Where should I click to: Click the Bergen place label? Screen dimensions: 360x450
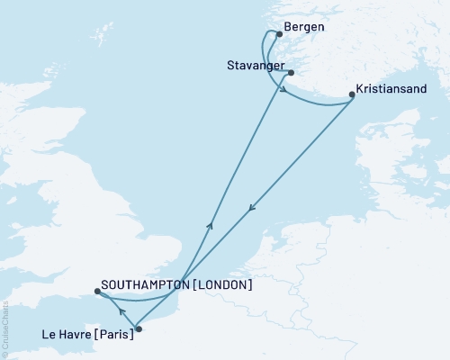pyautogui.click(x=303, y=27)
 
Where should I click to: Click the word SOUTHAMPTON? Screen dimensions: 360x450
pyautogui.click(x=145, y=284)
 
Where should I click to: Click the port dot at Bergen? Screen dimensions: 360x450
pyautogui.click(x=279, y=35)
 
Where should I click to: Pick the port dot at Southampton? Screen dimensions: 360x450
pyautogui.click(x=96, y=291)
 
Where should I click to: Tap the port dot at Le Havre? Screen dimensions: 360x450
pyautogui.click(x=138, y=328)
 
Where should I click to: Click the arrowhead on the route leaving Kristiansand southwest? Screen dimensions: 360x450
pyautogui.click(x=252, y=208)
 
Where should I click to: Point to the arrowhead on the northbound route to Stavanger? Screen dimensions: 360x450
pyautogui.click(x=211, y=226)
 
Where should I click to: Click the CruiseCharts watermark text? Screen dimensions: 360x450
pyautogui.click(x=5, y=324)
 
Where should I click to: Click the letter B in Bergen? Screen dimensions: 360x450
pyautogui.click(x=287, y=27)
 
